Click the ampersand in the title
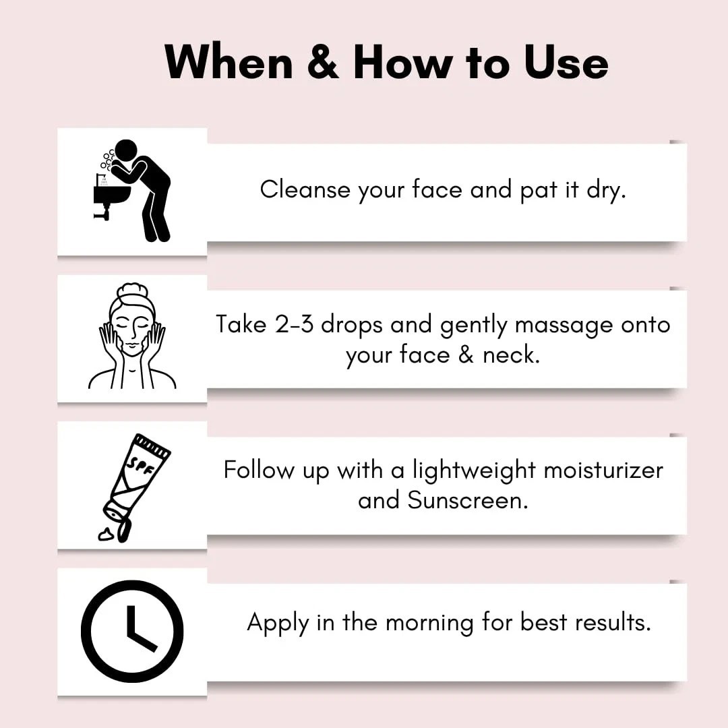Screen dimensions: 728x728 323,62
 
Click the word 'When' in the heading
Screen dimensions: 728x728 229,62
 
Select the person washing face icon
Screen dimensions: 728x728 132,190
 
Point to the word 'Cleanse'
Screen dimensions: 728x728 305,189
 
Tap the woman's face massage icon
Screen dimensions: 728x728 132,336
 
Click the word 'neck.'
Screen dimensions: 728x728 511,355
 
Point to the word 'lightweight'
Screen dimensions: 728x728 474,471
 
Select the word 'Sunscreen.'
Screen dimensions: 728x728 468,500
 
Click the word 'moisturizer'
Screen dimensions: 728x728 603,470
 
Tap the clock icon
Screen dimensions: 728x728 132,632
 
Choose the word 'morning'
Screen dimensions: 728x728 429,623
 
